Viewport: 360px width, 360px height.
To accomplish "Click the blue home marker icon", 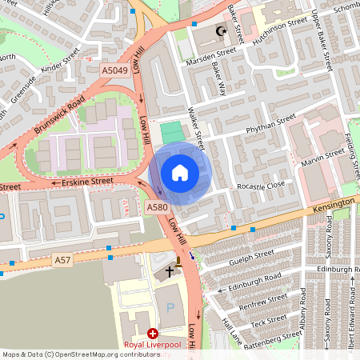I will coord(180,173).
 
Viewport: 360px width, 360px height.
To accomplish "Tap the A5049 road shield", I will coord(114,71).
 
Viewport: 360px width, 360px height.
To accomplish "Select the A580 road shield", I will coord(157,207).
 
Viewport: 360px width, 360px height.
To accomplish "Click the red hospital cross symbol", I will coord(153,332).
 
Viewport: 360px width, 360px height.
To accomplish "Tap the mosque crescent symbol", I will coord(222,32).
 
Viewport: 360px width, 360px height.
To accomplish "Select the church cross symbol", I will coord(169,272).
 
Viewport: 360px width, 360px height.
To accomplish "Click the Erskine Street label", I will coord(87,182).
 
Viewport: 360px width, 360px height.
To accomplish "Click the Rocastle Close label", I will coord(261,186).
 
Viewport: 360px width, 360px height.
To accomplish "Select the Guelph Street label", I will coord(251,254).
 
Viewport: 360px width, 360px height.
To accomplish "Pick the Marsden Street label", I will coord(210,52).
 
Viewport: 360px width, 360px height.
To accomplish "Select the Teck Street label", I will coord(269,323).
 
